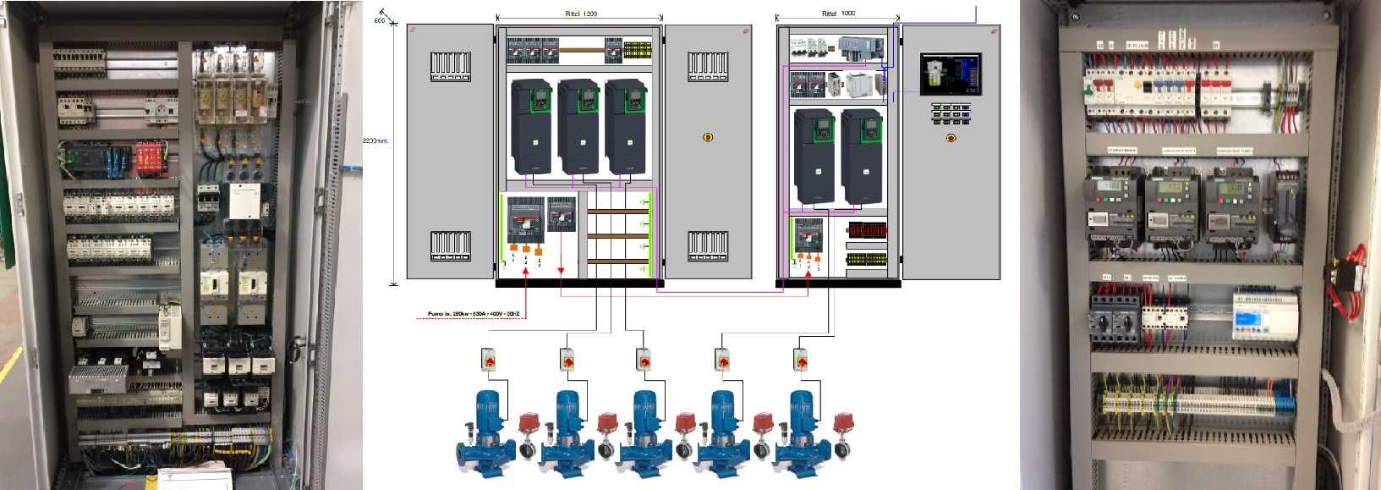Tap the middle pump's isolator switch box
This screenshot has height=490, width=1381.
[644, 359]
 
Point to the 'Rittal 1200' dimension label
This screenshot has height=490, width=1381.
[581, 14]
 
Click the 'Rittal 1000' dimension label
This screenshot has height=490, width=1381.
[838, 14]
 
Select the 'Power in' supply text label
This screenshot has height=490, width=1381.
[473, 314]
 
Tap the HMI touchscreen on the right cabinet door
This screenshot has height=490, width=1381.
[951, 74]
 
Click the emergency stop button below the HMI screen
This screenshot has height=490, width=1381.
[951, 138]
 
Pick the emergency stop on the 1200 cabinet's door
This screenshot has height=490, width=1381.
[708, 136]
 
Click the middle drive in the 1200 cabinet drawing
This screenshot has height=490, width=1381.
[578, 127]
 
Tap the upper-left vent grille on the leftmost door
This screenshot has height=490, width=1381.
[450, 66]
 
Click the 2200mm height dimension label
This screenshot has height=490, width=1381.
[375, 140]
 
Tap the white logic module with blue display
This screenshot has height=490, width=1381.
[1263, 316]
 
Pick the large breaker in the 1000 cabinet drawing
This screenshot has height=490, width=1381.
[809, 238]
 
